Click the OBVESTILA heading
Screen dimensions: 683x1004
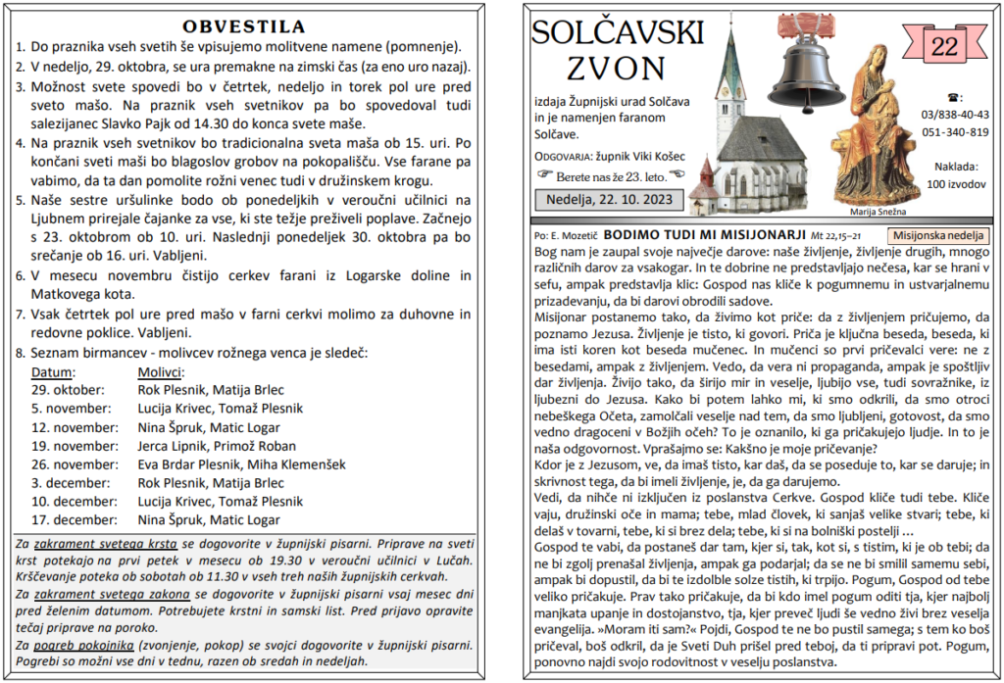click(x=244, y=26)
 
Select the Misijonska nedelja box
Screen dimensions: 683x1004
click(x=938, y=235)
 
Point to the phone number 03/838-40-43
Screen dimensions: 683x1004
click(x=955, y=115)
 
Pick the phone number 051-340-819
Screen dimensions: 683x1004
click(x=955, y=132)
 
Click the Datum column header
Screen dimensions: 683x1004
click(x=53, y=372)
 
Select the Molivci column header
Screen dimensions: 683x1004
click(x=161, y=372)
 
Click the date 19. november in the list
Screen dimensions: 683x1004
click(x=74, y=446)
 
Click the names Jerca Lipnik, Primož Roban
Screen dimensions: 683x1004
click(x=216, y=446)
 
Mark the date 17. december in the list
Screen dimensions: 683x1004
click(x=74, y=519)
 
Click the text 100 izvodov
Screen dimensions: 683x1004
click(x=955, y=183)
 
